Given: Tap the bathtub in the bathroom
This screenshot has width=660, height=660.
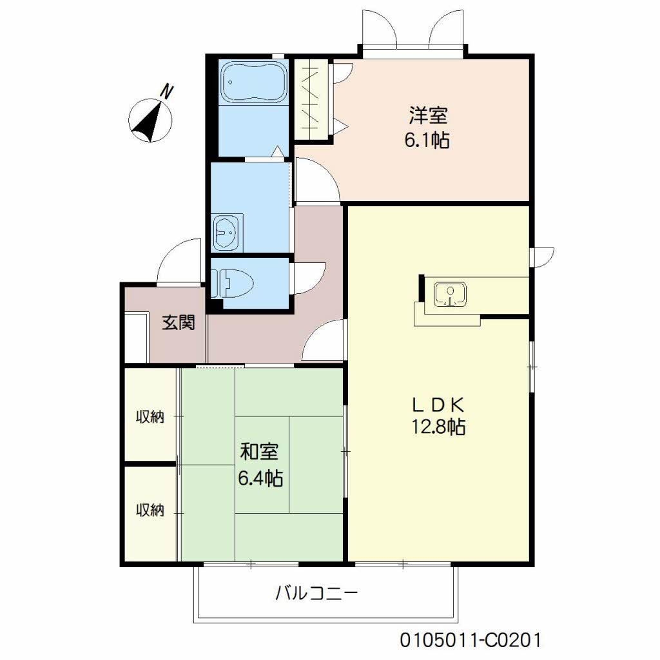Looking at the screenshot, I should pos(253,82).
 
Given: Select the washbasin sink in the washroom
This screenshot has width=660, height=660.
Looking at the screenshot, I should pos(226,230).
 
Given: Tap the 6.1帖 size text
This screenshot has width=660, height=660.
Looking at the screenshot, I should pos(427,140).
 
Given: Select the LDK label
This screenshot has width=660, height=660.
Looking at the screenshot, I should pos(438,404).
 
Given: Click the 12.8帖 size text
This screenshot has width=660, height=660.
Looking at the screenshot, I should pos(438,427).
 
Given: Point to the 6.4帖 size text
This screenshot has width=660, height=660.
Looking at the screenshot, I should pos(260,478).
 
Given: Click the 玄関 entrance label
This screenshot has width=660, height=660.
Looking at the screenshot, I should pos(178,322).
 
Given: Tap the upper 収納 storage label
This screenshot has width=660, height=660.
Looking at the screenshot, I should pos(150,417).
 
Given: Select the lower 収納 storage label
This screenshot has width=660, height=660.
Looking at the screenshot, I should pos(150,510).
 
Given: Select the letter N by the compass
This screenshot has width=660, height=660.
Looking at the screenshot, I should pos(166,92).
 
